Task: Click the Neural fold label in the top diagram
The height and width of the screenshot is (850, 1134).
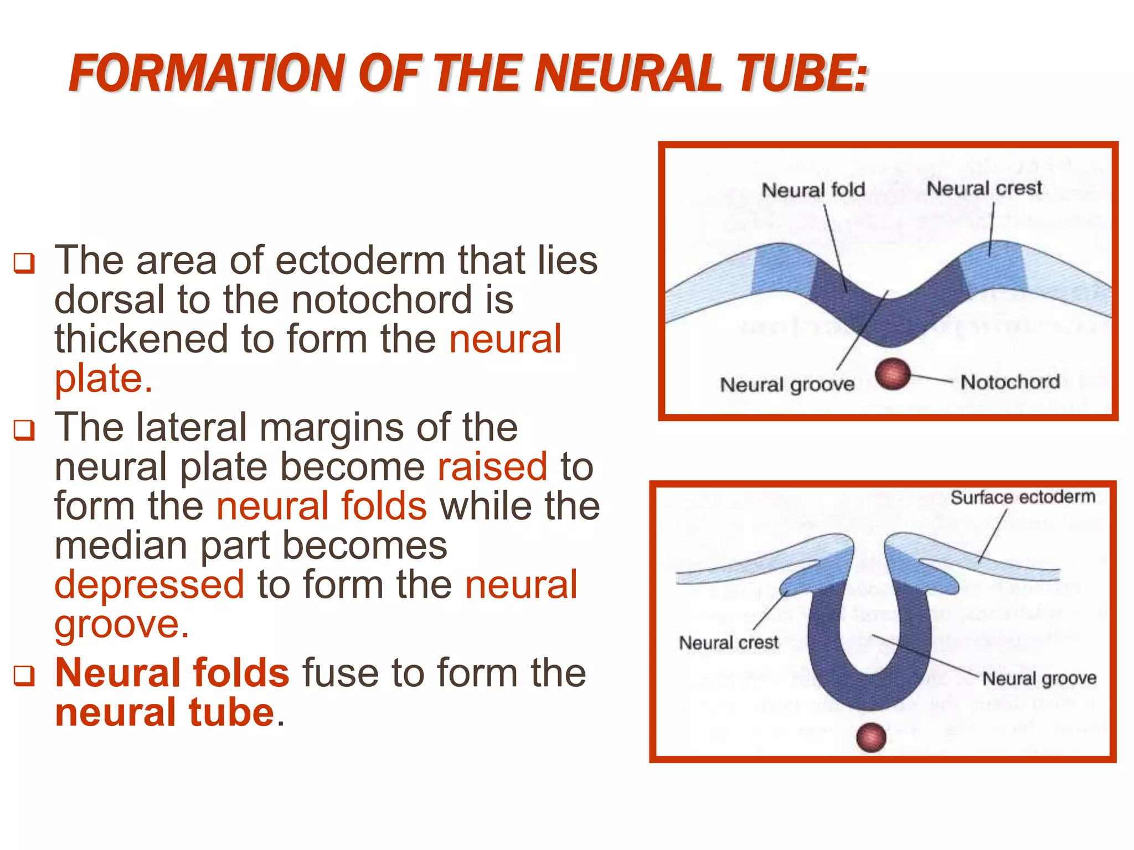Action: pos(813,190)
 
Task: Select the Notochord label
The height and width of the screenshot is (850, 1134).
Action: pos(1009,382)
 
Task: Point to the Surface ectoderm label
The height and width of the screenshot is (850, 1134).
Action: pos(1023,497)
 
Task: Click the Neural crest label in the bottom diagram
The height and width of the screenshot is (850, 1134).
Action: pos(728,642)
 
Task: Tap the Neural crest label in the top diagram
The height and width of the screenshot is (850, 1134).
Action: pos(984,188)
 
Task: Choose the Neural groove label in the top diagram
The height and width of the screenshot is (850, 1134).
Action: pos(787,384)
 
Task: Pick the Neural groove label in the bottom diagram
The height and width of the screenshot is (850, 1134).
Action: pos(1039,678)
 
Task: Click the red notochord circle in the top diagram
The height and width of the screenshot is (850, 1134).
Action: pos(893,374)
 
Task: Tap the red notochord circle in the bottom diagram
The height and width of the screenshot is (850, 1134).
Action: pos(871,737)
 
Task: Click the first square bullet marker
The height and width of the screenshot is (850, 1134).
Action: pos(24,263)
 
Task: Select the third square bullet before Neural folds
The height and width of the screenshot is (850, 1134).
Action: pos(24,675)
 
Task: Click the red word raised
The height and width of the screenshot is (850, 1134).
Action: pos(492,467)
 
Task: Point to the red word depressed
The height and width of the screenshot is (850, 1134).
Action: pos(150,585)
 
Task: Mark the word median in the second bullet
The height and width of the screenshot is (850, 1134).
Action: pos(121,545)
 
